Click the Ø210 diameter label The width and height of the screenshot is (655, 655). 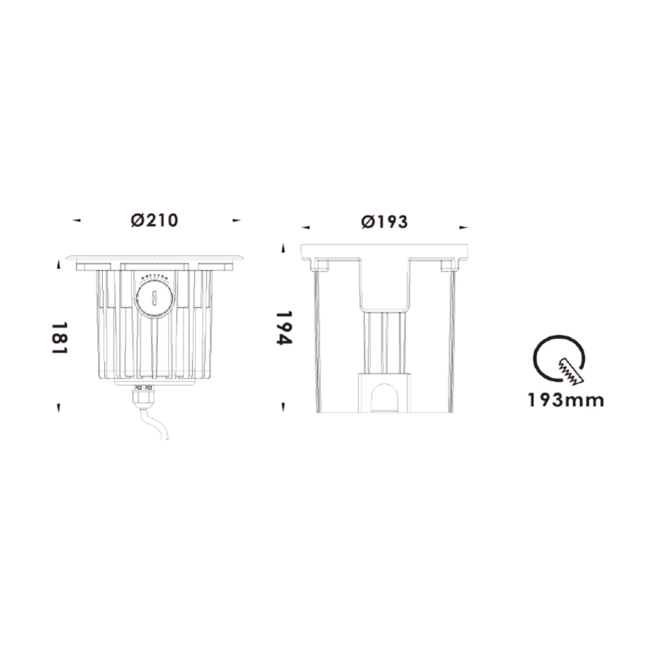pyautogui.click(x=155, y=221)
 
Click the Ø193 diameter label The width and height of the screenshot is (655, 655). pyautogui.click(x=384, y=222)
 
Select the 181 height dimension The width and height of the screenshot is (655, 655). pyautogui.click(x=60, y=337)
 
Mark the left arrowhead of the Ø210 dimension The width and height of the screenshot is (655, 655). pyautogui.click(x=77, y=221)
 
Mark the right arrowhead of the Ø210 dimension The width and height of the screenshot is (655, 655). pyautogui.click(x=237, y=221)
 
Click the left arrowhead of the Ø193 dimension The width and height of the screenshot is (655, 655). pyautogui.click(x=305, y=227)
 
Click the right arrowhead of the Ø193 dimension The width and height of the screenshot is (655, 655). pyautogui.click(x=464, y=227)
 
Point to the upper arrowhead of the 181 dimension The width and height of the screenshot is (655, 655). pyautogui.click(x=59, y=265)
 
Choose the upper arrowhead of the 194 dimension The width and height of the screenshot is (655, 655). pyautogui.click(x=283, y=248)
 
